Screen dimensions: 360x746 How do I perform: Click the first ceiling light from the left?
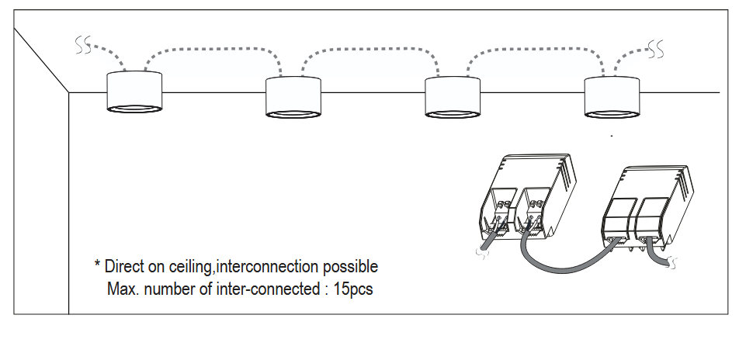coord(134,92)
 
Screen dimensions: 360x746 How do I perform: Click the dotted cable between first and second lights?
coord(210,48)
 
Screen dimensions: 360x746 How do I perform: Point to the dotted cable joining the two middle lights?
coord(369,48)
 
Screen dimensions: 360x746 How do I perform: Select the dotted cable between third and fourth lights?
coord(528,48)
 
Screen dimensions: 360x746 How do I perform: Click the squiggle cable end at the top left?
coord(83,45)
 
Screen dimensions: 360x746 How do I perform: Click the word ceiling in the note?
coord(189,267)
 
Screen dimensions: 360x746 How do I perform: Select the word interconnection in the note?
coord(268,267)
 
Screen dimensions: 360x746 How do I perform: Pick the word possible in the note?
coord(350,267)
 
